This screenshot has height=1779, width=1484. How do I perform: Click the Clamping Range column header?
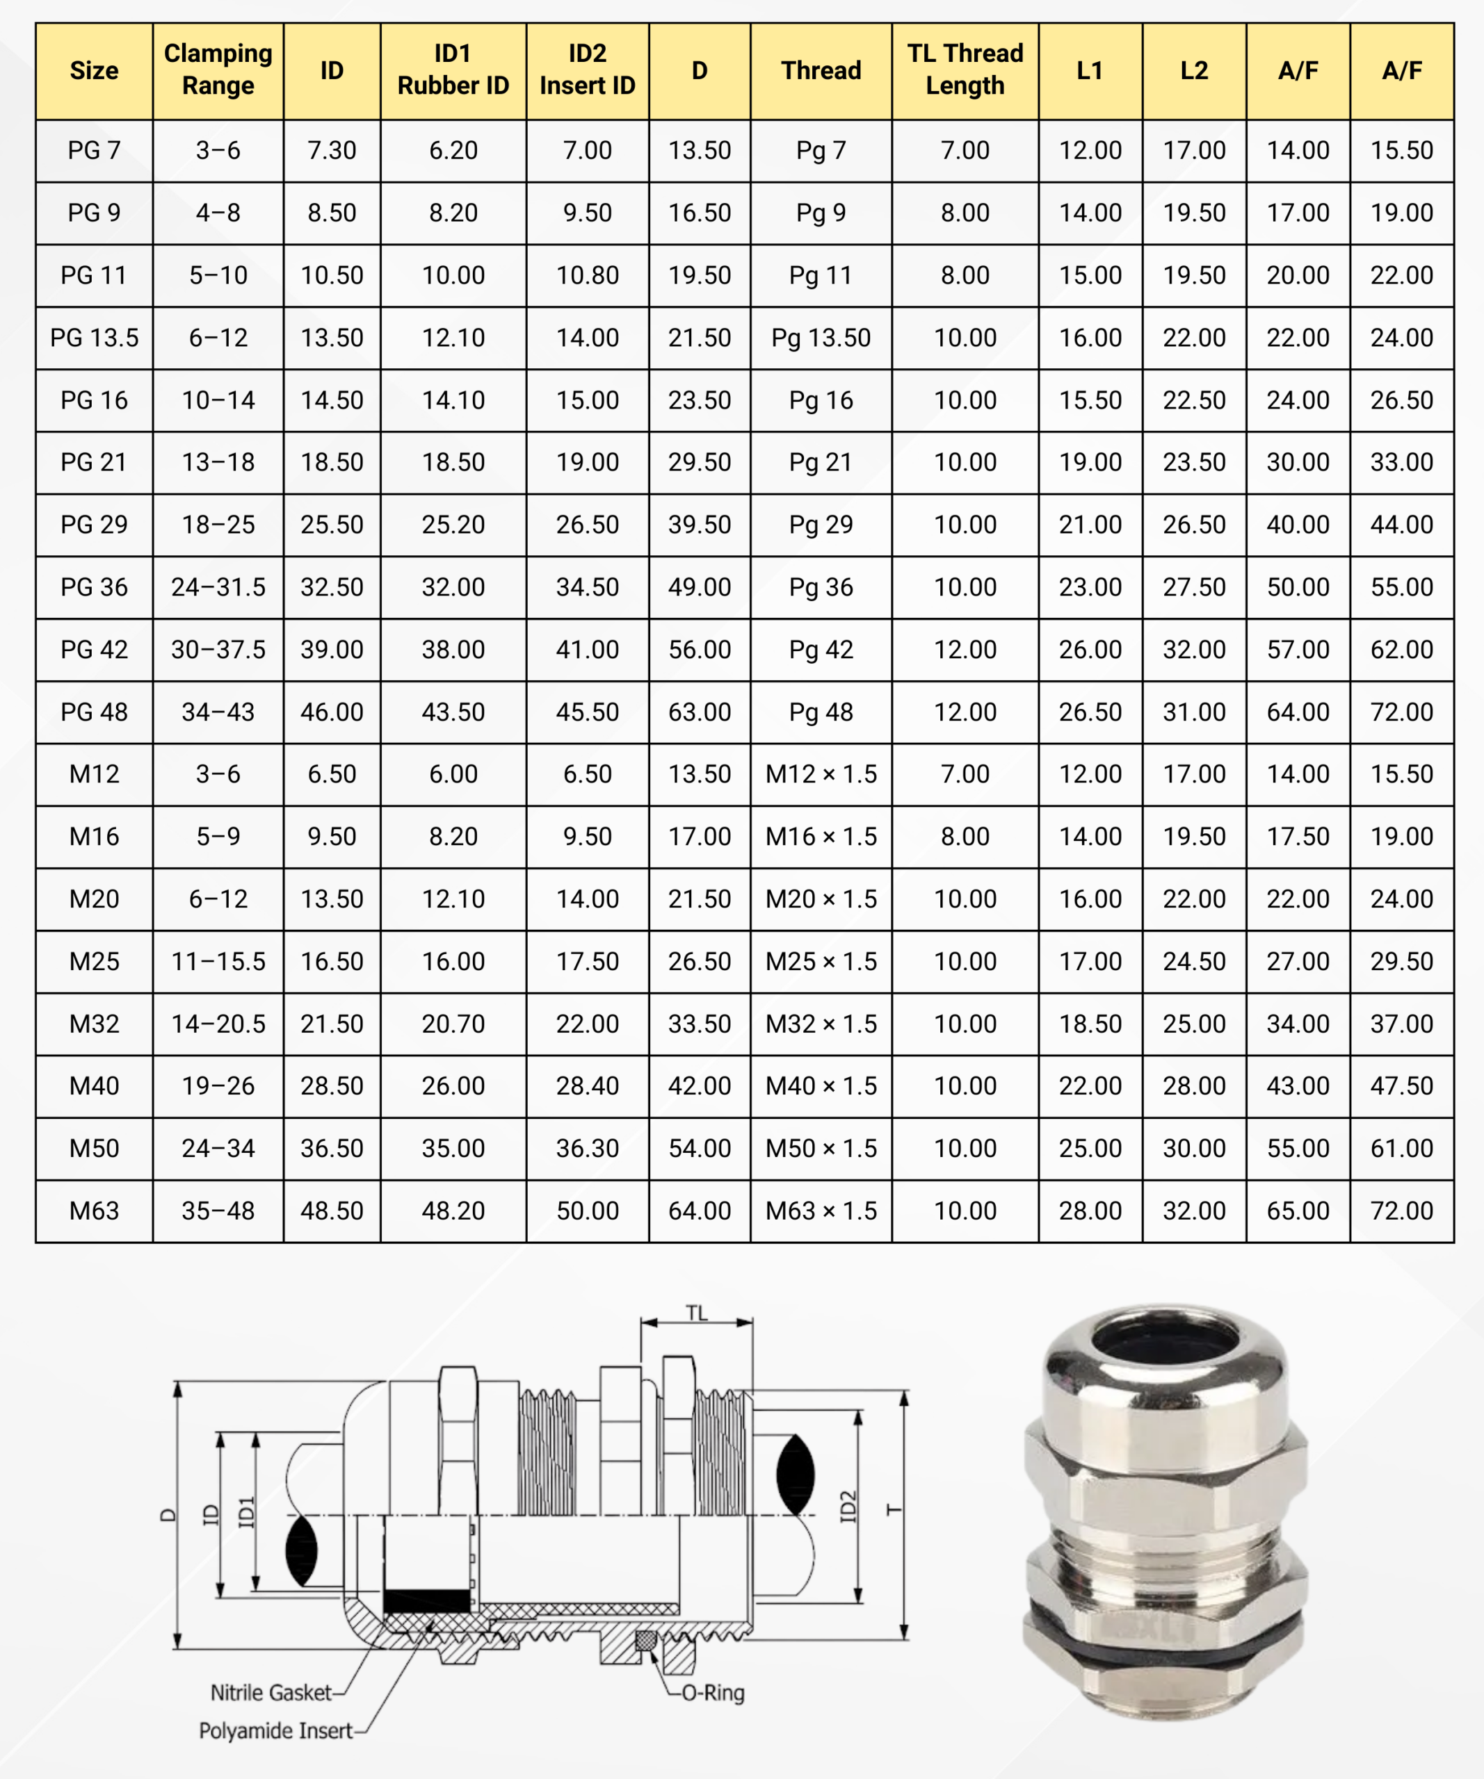218,69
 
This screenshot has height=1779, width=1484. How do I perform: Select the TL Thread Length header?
965,69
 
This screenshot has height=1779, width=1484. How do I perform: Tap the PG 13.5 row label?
94,338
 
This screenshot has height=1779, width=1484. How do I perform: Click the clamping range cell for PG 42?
218,650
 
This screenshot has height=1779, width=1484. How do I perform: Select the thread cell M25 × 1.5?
821,962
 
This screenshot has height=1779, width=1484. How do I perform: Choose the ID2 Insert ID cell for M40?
588,1086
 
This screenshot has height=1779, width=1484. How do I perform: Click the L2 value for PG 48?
1193,712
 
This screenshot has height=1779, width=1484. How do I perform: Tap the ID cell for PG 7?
332,151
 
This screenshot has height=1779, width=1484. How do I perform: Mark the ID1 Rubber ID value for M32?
453,1024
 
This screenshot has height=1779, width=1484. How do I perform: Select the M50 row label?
94,1149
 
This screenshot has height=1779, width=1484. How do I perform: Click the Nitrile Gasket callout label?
271,1693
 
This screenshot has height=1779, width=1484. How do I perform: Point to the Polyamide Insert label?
275,1731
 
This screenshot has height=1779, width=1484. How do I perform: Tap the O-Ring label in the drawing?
713,1693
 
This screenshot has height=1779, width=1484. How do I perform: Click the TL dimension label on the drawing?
696,1314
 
